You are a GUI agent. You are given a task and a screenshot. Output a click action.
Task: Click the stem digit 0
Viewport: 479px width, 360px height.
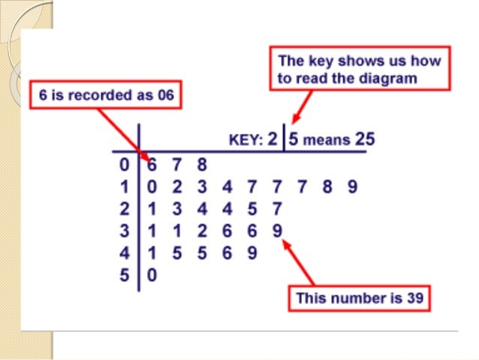(x=124, y=165)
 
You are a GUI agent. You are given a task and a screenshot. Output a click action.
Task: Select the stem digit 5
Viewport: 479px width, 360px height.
(x=124, y=274)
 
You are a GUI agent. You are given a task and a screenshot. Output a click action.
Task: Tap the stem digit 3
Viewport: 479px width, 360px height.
(x=124, y=231)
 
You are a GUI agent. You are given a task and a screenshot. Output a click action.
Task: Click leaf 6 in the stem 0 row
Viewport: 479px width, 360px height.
(x=152, y=165)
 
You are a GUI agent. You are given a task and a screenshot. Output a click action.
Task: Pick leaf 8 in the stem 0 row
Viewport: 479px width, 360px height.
(x=202, y=165)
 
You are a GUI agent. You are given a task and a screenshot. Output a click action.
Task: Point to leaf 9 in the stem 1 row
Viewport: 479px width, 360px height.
(x=352, y=186)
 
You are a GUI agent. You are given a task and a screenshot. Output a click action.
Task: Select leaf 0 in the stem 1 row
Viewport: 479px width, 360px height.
(x=152, y=186)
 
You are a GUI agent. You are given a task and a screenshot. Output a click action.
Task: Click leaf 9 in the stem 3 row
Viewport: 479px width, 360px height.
(x=277, y=231)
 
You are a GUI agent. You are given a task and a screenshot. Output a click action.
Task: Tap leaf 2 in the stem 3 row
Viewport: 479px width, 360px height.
(x=202, y=231)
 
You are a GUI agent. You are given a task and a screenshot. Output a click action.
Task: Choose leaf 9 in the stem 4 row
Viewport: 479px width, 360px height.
(x=252, y=253)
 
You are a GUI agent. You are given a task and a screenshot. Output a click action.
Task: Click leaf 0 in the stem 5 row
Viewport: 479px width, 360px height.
(x=152, y=274)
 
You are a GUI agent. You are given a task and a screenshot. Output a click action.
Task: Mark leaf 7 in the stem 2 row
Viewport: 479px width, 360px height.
(x=277, y=209)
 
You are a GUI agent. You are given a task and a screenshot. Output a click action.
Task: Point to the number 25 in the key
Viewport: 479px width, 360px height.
(x=365, y=139)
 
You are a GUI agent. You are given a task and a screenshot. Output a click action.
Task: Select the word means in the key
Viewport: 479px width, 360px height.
(x=327, y=141)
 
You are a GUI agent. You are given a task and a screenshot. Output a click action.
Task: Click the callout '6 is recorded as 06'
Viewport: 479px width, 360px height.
(x=106, y=95)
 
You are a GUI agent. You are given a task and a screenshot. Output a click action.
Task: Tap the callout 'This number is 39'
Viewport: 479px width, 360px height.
(x=360, y=298)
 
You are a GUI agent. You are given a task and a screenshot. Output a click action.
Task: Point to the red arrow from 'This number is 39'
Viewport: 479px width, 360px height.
(x=297, y=262)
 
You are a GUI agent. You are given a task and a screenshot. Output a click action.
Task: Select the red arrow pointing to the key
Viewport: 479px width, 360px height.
(x=302, y=107)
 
